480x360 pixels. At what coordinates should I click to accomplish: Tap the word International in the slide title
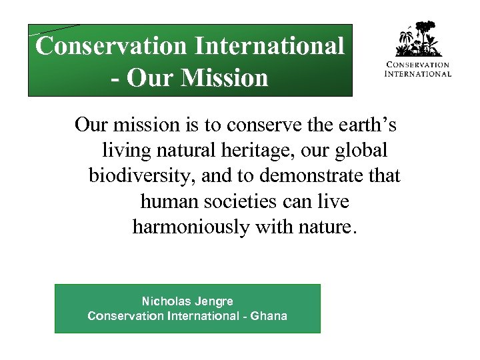tap(269, 46)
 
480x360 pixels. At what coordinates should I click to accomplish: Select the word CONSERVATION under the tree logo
tap(418, 65)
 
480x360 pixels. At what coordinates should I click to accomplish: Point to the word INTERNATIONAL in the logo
tap(418, 73)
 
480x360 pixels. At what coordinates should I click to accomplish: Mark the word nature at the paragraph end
tap(329, 227)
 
